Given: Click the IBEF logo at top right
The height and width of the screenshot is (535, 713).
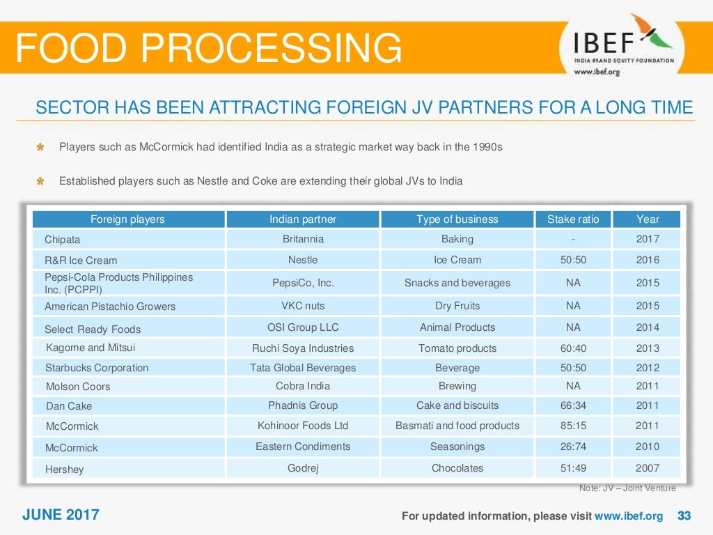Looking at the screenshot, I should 623,44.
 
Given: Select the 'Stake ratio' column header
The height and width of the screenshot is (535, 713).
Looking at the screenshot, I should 572,219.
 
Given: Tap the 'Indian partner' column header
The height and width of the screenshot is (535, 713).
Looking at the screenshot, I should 302,219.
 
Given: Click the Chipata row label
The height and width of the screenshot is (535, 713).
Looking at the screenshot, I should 62,240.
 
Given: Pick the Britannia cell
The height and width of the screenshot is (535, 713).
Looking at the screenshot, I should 302,239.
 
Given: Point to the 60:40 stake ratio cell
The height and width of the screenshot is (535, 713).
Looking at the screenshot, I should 572,348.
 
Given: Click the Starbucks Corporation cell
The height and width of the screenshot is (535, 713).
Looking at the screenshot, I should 97,368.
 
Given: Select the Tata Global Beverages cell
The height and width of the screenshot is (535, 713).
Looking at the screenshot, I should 302,368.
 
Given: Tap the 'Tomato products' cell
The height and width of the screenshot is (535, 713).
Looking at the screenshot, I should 457,348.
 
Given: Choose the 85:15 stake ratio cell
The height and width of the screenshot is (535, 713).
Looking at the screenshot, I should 572,426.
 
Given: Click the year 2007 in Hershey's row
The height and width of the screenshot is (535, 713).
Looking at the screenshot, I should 647,468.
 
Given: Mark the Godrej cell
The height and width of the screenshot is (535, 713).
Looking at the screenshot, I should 302,468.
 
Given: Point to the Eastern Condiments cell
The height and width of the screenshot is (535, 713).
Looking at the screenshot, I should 302,447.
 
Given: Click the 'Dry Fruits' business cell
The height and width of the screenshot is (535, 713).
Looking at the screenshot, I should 457,306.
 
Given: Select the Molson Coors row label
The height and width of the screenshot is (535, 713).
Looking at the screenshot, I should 78,387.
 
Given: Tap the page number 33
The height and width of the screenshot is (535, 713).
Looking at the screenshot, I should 684,516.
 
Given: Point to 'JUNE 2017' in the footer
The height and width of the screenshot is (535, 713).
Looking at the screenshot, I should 61,515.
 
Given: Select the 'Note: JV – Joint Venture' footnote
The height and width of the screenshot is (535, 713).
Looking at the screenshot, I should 627,488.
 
